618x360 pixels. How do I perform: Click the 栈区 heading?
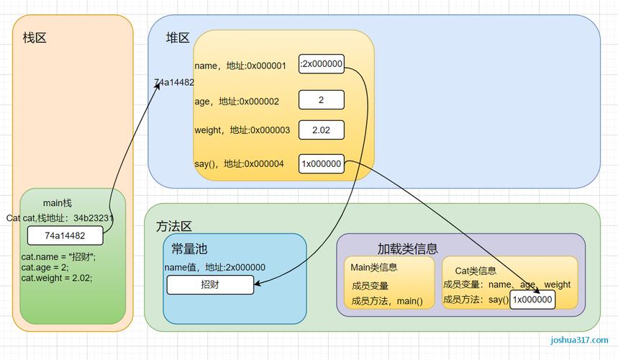pos(35,38)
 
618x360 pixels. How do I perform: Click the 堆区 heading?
pos(178,38)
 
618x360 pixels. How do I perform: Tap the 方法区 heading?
pos(174,226)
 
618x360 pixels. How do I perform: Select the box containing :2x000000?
pos(322,64)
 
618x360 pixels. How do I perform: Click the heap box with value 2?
pos(321,99)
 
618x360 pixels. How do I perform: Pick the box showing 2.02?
pos(321,130)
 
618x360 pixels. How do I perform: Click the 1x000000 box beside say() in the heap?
pos(321,163)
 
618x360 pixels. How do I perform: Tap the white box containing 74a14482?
pos(65,235)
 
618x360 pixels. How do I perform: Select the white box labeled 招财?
pos(210,285)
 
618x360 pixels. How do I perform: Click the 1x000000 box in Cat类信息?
pos(532,300)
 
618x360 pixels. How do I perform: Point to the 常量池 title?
pos(189,249)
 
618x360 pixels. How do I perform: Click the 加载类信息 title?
pos(407,248)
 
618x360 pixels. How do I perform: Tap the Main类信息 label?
pos(374,267)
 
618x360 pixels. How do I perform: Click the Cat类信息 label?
pos(476,271)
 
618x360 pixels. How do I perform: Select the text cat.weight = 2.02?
pos(57,278)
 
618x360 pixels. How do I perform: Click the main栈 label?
pos(58,203)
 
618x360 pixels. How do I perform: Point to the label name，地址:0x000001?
pos(240,66)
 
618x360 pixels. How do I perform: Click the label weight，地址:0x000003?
pos(242,130)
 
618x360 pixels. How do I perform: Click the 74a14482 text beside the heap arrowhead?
pos(174,83)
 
